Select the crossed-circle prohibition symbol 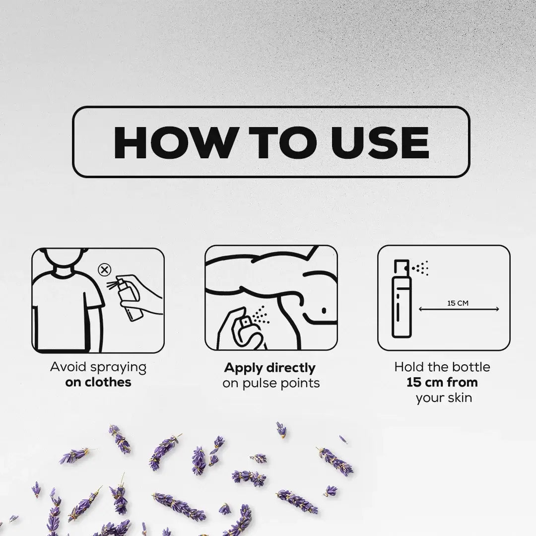(x=105, y=270)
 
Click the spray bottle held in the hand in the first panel (x=130, y=299)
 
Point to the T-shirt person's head (x=64, y=259)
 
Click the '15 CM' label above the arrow (x=458, y=303)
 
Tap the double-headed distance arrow (x=459, y=309)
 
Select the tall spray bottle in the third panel (x=402, y=298)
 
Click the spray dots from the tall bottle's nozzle (x=421, y=268)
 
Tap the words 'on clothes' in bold (x=98, y=382)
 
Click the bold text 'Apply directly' (x=270, y=368)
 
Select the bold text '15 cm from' (x=442, y=382)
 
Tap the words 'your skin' (x=444, y=398)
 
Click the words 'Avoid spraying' (x=98, y=367)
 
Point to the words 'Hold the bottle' (x=442, y=367)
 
